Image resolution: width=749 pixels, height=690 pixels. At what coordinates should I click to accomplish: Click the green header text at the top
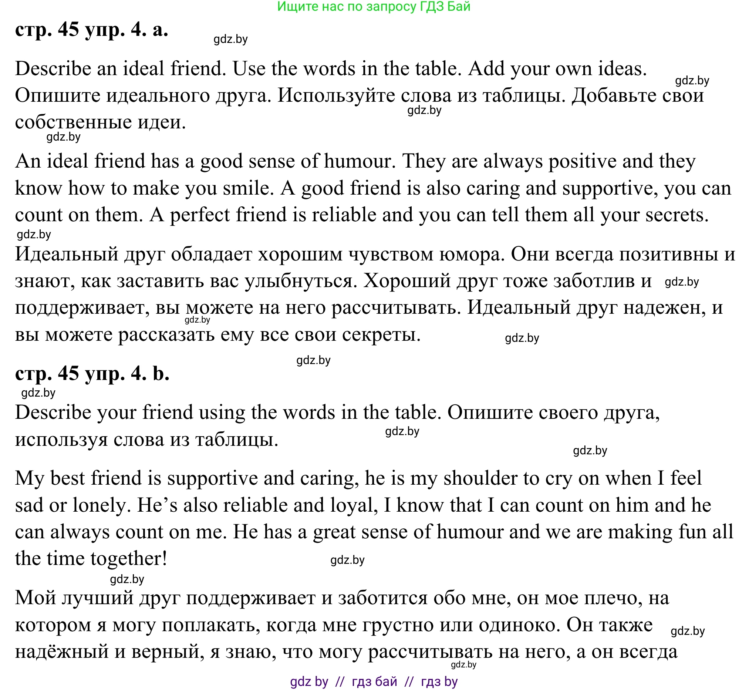coord(374,7)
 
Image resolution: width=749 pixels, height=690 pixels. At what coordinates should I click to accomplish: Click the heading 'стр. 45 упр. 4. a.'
coord(91,30)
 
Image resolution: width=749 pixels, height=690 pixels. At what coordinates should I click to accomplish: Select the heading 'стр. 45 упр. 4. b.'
coord(92,373)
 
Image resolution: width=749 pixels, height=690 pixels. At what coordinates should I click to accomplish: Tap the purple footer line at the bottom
coord(374,681)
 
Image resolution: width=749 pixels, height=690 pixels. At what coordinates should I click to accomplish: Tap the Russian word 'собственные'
coord(73,122)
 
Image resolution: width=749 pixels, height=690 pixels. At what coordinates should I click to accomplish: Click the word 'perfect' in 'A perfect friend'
coord(200,215)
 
